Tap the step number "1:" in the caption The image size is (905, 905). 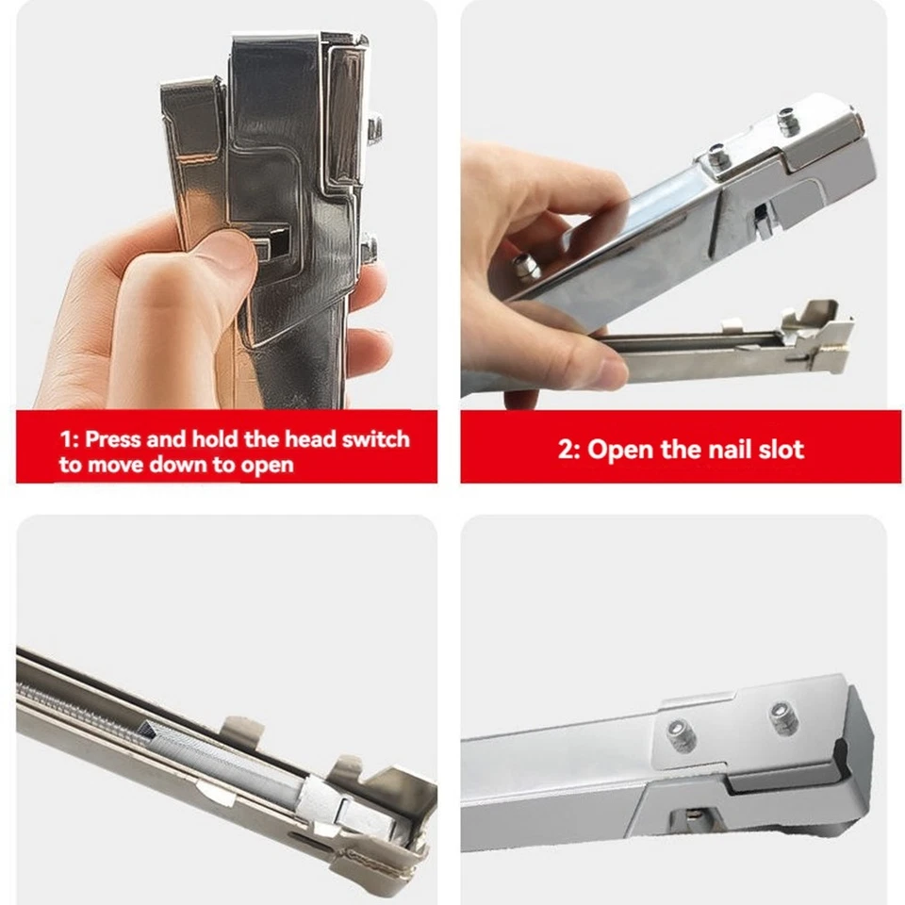[70, 439]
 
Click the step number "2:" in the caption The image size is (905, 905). [569, 449]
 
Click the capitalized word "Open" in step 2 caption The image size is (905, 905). [620, 449]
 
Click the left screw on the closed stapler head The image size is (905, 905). [682, 734]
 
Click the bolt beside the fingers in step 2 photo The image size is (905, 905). [526, 268]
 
